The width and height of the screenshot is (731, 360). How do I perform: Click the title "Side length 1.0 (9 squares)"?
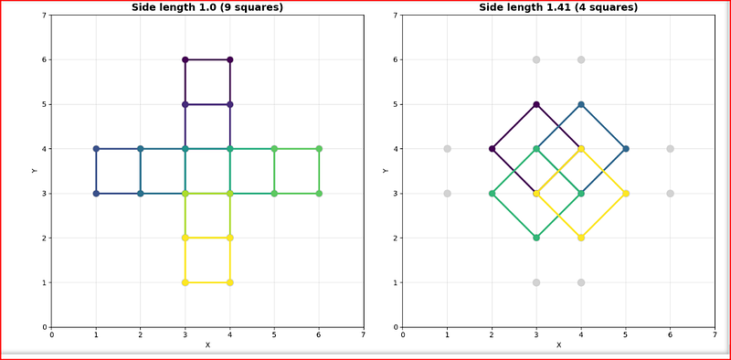point(207,7)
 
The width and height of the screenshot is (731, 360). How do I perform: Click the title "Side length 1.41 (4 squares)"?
point(558,7)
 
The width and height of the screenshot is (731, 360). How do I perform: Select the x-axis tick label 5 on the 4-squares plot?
point(626,334)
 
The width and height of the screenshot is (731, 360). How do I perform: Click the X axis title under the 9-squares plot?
point(207,345)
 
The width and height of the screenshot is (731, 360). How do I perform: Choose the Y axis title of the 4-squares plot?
point(385,171)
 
